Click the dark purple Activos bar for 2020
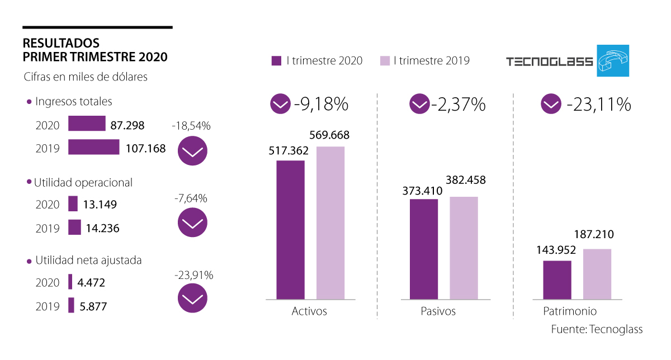click(290, 230)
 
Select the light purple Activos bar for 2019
click(330, 223)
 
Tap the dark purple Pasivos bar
click(424, 249)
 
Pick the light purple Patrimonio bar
click(597, 274)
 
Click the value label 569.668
click(330, 135)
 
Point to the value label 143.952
click(557, 250)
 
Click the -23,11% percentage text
click(598, 105)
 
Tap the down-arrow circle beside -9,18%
click(280, 104)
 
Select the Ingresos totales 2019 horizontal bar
click(94, 147)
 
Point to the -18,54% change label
click(192, 126)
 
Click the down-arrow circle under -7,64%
click(192, 224)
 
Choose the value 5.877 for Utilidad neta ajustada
click(93, 306)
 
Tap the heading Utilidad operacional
click(83, 182)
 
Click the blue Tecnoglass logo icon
click(613, 60)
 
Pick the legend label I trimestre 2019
click(431, 61)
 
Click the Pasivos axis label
click(438, 311)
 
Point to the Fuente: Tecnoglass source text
click(597, 329)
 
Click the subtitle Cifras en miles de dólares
click(86, 77)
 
